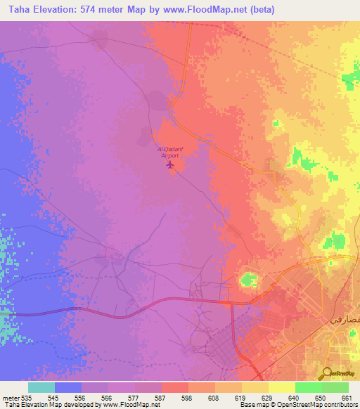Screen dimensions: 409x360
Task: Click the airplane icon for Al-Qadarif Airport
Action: [169, 165]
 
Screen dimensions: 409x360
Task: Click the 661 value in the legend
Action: [345, 397]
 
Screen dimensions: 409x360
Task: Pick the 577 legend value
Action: [135, 397]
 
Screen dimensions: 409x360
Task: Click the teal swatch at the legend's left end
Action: [41, 387]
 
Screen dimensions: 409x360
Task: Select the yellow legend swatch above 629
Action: [255, 387]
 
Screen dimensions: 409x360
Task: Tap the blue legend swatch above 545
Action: [68, 387]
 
